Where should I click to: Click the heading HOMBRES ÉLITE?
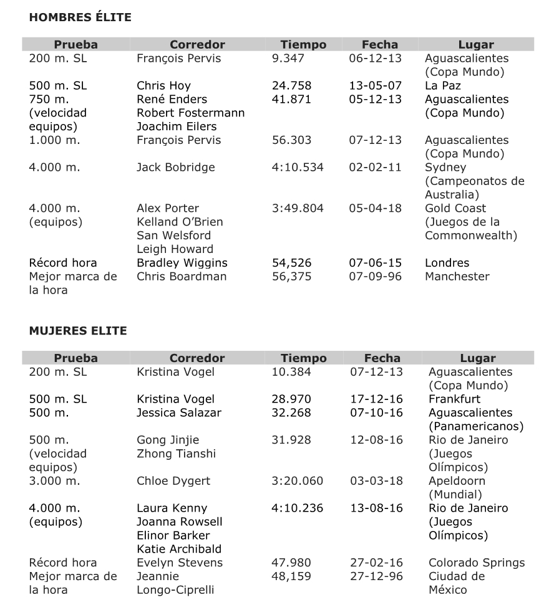80,17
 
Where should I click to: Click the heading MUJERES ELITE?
77,331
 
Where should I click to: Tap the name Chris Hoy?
163,86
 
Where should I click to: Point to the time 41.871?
291,100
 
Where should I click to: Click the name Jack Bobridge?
175,168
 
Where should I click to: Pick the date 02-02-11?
375,168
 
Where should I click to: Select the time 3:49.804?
298,208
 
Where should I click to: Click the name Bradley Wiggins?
182,263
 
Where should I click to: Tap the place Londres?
447,263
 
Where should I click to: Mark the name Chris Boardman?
182,277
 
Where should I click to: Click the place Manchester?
457,277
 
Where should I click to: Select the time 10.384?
291,372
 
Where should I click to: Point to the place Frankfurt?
454,399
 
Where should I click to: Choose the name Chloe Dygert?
173,481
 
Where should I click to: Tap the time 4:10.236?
298,508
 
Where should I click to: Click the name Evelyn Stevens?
179,563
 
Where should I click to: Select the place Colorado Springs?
477,563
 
